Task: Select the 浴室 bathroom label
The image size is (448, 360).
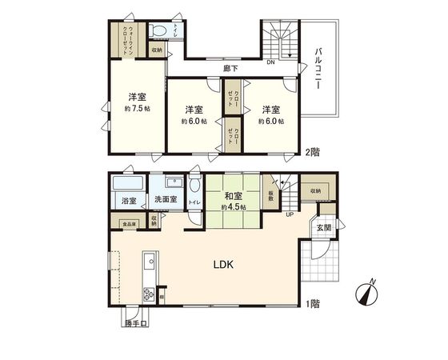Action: click(x=129, y=201)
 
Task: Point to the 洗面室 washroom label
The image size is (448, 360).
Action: click(x=167, y=201)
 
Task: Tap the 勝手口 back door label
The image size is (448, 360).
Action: click(x=137, y=324)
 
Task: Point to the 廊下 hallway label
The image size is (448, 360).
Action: click(x=230, y=69)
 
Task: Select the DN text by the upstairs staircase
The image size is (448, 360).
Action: click(x=270, y=62)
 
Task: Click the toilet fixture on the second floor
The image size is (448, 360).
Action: click(x=158, y=32)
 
